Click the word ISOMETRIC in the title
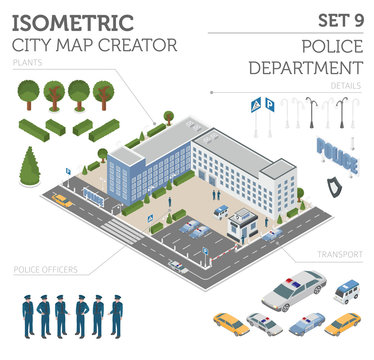75,21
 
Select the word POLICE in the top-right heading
330,48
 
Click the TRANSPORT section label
339,255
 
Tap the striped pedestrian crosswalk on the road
121,231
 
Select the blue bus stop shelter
95,195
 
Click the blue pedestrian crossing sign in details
256,103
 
